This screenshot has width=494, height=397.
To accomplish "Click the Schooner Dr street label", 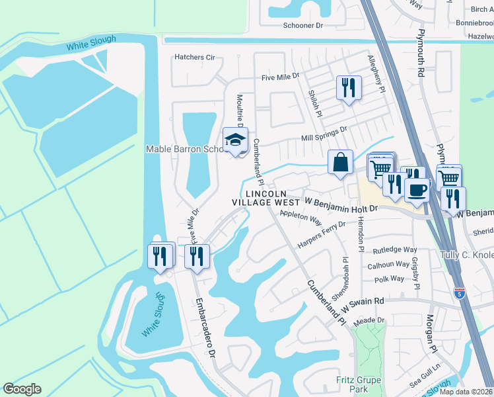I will point(302,25).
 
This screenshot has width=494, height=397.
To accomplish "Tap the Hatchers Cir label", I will point(195,58).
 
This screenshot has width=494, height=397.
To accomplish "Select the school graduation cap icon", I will point(234,140).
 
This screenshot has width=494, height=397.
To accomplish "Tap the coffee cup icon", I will point(417,190).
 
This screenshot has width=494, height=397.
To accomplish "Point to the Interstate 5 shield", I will point(459,292).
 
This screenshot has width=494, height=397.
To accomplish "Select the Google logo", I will point(22,388).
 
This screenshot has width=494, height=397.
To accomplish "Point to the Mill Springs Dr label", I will point(324,134).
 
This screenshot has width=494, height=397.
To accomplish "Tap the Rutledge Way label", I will point(394,249).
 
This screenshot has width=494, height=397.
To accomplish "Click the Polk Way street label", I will point(388,279).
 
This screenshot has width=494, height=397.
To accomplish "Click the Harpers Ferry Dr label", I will point(322,235).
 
